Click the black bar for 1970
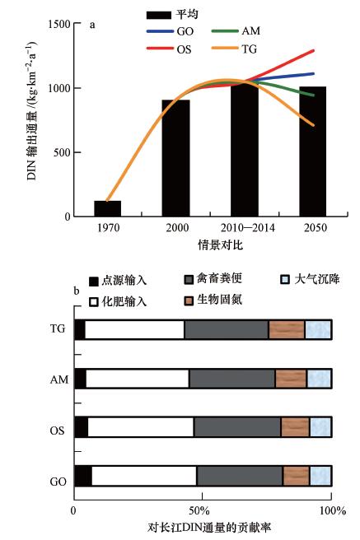pos(112,208)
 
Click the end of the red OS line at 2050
pos(314,50)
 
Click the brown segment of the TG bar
pos(287,329)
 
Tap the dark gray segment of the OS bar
pos(237,427)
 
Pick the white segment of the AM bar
pos(138,379)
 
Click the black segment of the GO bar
pos(82,476)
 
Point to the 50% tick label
pos(203,510)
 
